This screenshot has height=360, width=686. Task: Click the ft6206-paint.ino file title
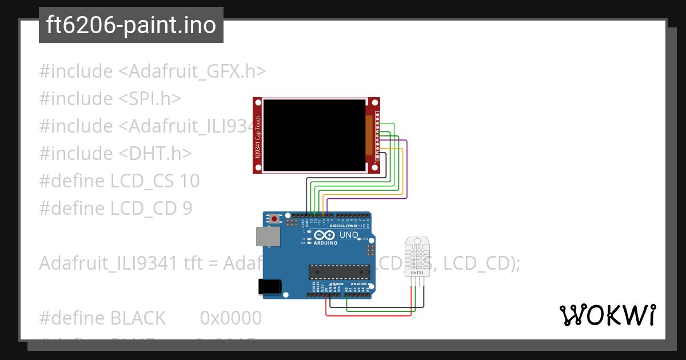(x=131, y=26)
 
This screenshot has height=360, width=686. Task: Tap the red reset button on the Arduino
(x=276, y=218)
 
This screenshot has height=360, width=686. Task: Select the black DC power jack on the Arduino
(x=270, y=286)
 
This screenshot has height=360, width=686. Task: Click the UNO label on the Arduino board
(x=349, y=235)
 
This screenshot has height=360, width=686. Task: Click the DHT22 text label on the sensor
(x=417, y=273)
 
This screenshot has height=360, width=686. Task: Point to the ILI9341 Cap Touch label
(x=258, y=135)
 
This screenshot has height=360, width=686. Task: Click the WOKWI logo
(x=607, y=315)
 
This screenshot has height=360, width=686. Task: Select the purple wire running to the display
(x=406, y=171)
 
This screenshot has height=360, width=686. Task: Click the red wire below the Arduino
(x=369, y=315)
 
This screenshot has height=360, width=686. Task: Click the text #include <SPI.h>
(x=110, y=99)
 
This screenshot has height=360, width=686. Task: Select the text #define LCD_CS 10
(x=119, y=181)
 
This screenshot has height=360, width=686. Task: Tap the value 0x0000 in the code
(x=230, y=318)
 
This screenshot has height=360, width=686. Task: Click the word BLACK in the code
(x=138, y=318)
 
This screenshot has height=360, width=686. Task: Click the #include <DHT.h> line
(x=115, y=154)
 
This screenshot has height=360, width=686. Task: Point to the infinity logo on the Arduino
(x=324, y=235)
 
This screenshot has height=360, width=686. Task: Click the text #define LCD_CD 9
(x=115, y=209)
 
